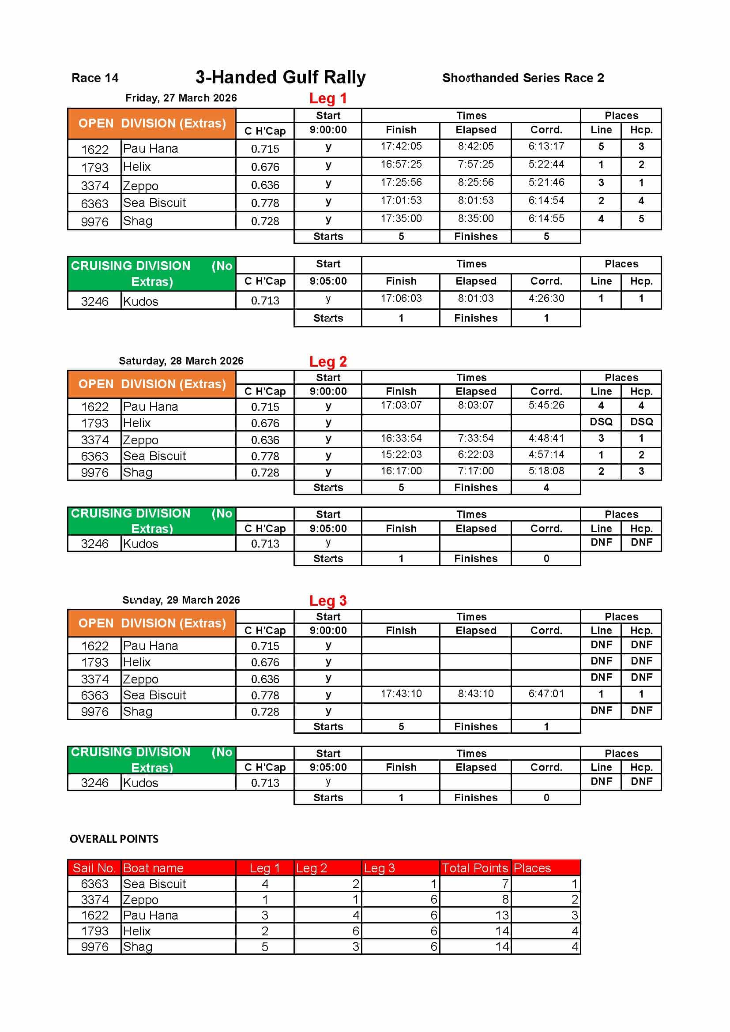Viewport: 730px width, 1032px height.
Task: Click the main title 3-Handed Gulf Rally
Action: click(x=280, y=77)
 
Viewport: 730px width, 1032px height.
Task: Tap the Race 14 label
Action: click(x=95, y=78)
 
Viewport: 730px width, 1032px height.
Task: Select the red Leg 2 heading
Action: click(x=327, y=361)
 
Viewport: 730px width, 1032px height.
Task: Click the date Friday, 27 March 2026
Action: click(x=181, y=98)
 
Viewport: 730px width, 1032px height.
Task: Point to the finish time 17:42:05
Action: click(x=401, y=146)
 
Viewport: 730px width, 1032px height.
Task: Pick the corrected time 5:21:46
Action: click(x=546, y=183)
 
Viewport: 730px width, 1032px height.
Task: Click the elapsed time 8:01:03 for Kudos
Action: click(x=476, y=298)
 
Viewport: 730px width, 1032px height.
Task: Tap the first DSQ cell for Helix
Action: click(x=601, y=422)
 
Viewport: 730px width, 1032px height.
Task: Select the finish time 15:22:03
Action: click(x=401, y=454)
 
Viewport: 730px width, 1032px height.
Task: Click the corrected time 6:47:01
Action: click(x=546, y=694)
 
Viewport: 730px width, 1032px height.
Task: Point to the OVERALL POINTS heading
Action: click(x=114, y=839)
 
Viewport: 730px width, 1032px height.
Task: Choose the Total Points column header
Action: click(x=475, y=868)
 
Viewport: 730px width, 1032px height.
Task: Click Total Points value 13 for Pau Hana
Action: click(x=502, y=915)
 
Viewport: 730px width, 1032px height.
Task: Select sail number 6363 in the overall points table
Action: click(x=94, y=884)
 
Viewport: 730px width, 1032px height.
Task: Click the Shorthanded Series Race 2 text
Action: click(x=523, y=78)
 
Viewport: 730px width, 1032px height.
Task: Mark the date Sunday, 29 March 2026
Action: click(x=181, y=600)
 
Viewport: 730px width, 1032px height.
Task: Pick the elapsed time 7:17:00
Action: click(x=476, y=471)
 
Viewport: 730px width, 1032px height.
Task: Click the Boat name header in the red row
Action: click(x=153, y=868)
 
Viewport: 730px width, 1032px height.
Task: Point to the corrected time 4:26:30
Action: click(x=546, y=298)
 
